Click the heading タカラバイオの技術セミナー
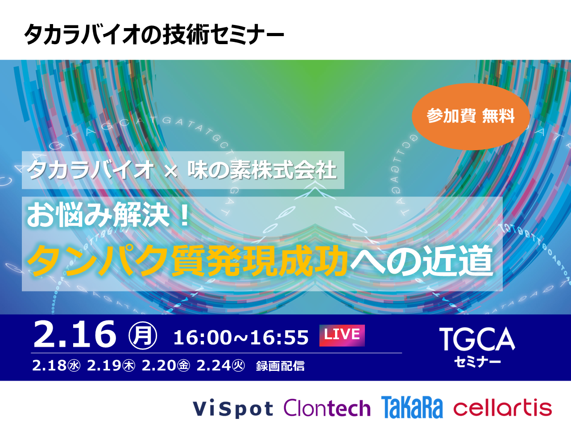click(x=154, y=34)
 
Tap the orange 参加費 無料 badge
click(x=471, y=116)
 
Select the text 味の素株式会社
click(x=262, y=170)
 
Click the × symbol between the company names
click(x=171, y=172)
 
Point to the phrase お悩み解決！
click(x=108, y=215)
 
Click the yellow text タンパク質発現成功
click(x=187, y=261)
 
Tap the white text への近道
click(x=421, y=261)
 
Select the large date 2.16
click(x=74, y=334)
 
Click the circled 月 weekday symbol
click(x=143, y=335)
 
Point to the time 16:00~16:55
click(x=241, y=337)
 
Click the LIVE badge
click(x=342, y=336)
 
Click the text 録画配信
click(x=281, y=366)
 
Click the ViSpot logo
click(x=233, y=409)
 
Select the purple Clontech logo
click(x=327, y=407)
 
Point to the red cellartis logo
click(x=503, y=407)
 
